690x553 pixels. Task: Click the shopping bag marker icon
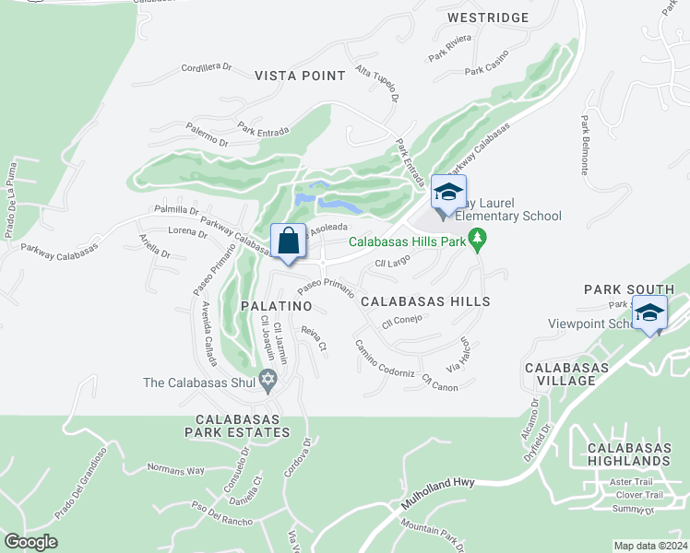(289, 241)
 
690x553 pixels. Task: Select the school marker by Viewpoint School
(649, 313)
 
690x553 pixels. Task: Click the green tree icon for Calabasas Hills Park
(477, 242)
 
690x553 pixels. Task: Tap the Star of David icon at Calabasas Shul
(268, 380)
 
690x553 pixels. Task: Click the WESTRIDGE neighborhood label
(488, 18)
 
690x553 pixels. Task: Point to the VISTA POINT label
(300, 76)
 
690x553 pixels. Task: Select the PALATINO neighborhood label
(274, 304)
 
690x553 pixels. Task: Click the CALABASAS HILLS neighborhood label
(425, 301)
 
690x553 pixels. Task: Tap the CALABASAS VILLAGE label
(566, 374)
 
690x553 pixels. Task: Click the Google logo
(30, 542)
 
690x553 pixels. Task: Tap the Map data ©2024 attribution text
(650, 546)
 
